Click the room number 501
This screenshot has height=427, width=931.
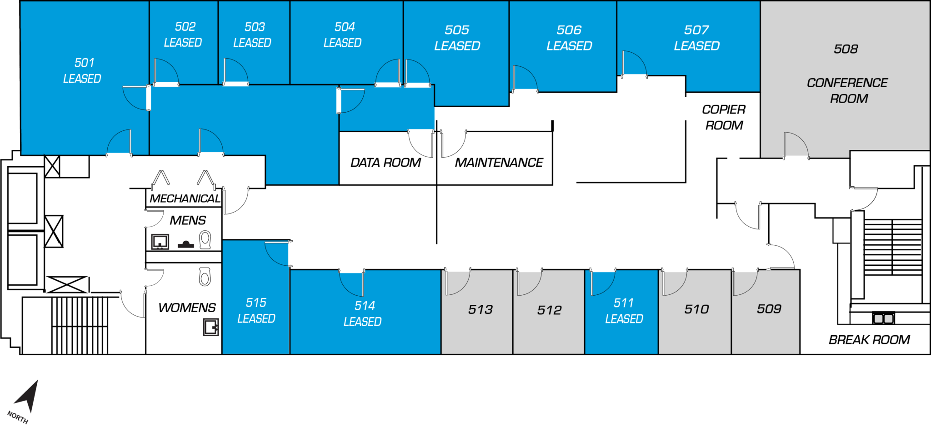click(85, 63)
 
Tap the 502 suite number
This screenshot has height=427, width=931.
click(185, 27)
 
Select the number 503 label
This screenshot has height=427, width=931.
click(255, 27)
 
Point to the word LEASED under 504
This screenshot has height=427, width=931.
click(342, 43)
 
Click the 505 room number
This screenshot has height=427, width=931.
click(457, 30)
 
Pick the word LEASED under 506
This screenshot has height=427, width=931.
click(569, 46)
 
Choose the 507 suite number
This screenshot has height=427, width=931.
click(696, 30)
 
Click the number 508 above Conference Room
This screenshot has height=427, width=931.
click(846, 49)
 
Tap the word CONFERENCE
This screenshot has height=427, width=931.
click(847, 83)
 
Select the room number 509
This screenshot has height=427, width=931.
click(769, 309)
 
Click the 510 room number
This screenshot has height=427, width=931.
click(696, 309)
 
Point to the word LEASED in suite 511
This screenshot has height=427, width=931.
click(624, 319)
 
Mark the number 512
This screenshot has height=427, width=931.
click(549, 310)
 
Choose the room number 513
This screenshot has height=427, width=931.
click(480, 310)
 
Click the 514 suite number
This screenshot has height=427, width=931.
click(365, 306)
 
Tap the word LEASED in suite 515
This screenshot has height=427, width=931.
click(256, 318)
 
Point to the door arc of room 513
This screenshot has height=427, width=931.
click(457, 282)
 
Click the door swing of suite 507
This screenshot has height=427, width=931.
click(634, 64)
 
